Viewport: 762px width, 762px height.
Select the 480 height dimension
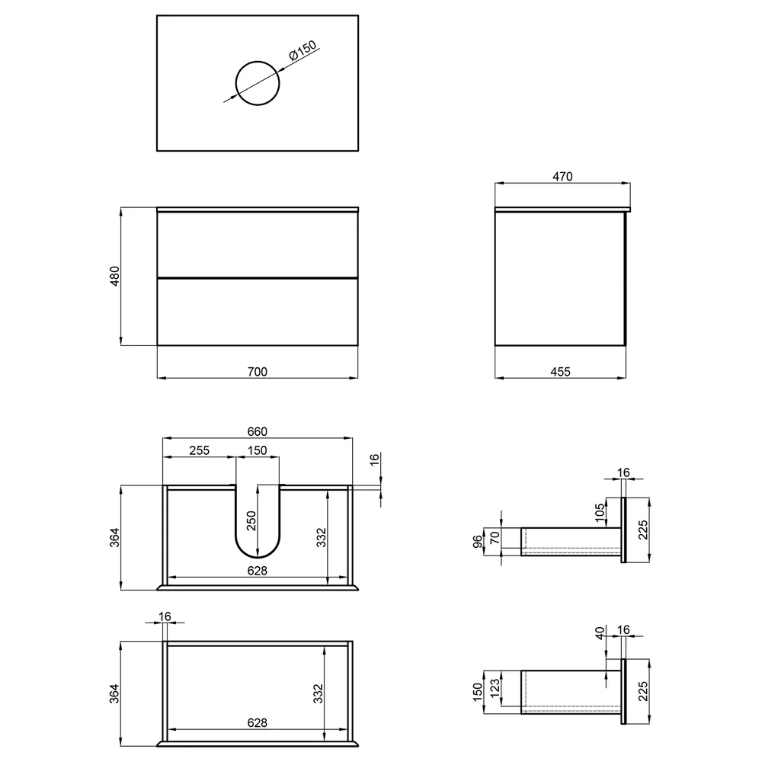[x=114, y=276]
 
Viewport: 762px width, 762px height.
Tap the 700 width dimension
[x=257, y=372]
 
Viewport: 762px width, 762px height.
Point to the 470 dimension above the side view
[x=562, y=177]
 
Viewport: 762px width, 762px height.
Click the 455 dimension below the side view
[x=560, y=372]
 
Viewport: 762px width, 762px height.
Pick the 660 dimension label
[x=257, y=431]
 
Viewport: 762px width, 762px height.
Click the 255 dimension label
[x=199, y=450]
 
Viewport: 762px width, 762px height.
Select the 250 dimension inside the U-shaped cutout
[x=251, y=521]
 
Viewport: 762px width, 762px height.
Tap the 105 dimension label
[x=600, y=513]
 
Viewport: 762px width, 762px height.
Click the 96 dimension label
[x=478, y=541]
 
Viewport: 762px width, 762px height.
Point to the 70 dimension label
[x=495, y=537]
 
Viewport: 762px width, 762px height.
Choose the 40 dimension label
[x=600, y=633]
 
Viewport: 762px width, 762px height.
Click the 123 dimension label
[x=495, y=689]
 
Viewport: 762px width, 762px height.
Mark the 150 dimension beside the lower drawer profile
[x=478, y=693]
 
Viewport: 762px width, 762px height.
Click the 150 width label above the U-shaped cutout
[x=257, y=450]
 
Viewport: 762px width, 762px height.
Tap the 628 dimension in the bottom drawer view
[x=257, y=723]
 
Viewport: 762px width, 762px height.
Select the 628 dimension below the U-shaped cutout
[x=257, y=571]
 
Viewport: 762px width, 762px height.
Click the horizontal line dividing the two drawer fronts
[x=258, y=277]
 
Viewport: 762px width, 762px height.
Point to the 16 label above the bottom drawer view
[x=165, y=616]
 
